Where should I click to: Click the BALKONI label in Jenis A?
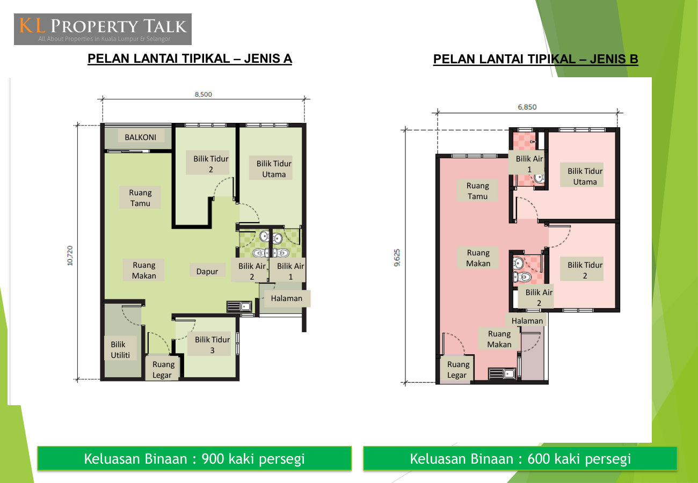click(x=141, y=137)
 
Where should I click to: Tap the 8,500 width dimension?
click(x=203, y=94)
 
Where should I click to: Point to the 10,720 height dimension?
click(x=70, y=255)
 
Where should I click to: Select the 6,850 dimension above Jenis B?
click(x=527, y=107)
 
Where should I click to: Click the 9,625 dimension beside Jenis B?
click(x=397, y=258)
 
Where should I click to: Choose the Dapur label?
click(x=207, y=271)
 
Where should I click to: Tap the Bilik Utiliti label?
click(x=120, y=350)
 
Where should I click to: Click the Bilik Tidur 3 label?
click(x=212, y=345)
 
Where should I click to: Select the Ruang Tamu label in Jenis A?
click(x=140, y=197)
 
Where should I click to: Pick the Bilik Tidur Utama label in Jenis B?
click(x=585, y=176)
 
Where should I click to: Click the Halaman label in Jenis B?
click(x=527, y=320)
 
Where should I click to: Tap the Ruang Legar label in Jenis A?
click(x=163, y=370)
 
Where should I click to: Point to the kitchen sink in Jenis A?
click(x=239, y=307)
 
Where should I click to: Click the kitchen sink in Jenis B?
click(x=502, y=374)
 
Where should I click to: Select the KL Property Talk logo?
click(x=103, y=29)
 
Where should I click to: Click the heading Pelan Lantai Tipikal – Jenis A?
click(x=190, y=58)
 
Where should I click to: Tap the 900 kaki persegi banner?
click(x=194, y=458)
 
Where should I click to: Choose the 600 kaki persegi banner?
click(x=520, y=458)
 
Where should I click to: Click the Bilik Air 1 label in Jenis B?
click(x=529, y=164)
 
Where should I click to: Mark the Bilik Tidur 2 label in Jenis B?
click(x=585, y=270)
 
